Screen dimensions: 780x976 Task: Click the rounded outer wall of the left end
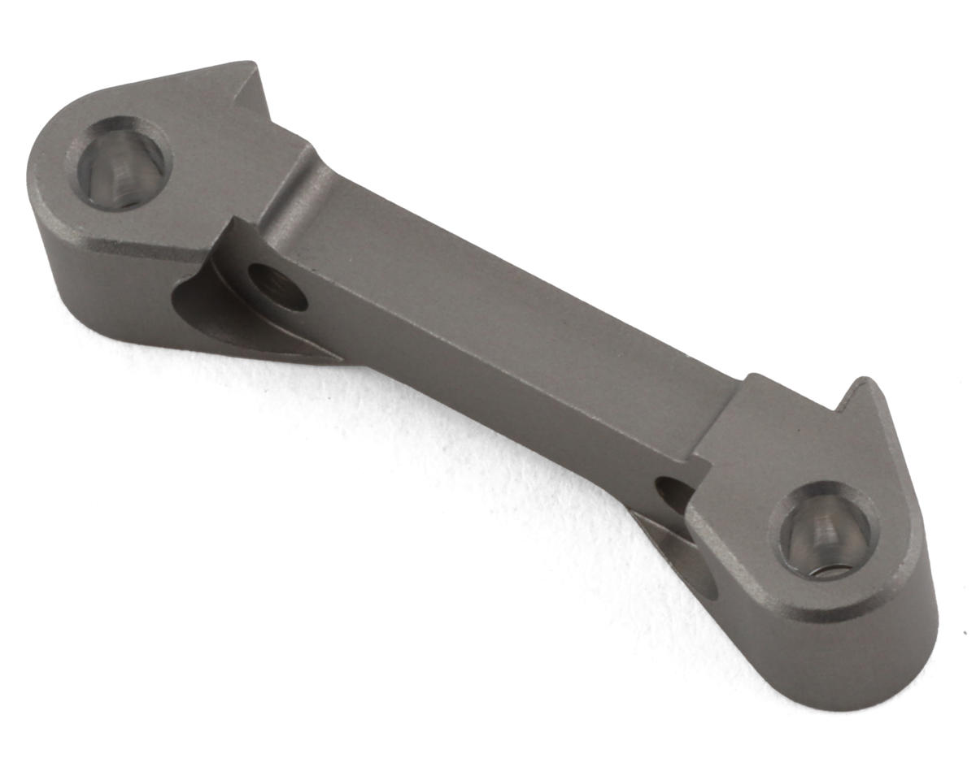click(81, 276)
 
